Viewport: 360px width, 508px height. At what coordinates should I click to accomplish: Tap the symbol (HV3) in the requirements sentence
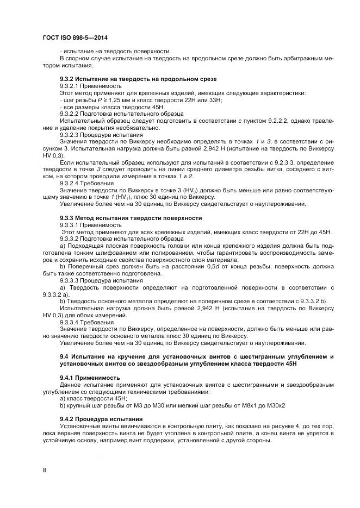[194, 190]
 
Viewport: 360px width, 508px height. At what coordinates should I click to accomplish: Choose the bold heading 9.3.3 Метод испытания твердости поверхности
[130, 217]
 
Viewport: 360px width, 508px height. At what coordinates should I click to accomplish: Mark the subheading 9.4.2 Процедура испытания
[101, 419]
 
